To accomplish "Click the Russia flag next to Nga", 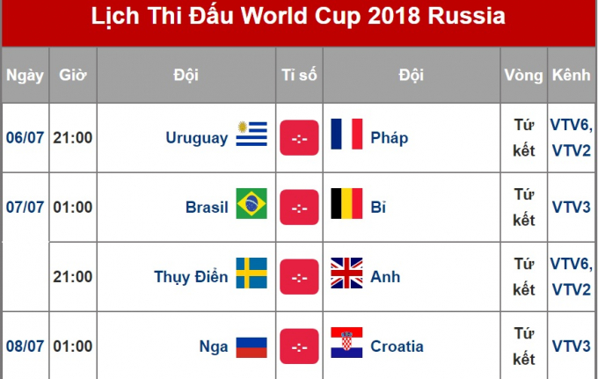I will coord(252,346).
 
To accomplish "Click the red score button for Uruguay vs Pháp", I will coord(299,137).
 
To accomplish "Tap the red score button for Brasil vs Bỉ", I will coord(299,207).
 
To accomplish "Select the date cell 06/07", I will coord(25,137).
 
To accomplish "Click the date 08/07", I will coord(25,346).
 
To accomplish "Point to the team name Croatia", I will coord(397,346).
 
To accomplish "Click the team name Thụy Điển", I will coord(191,276).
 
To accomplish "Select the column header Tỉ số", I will coord(299,76).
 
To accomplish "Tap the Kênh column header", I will coord(571,76).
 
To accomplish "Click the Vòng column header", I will coord(523,76).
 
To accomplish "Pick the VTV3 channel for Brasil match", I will coord(571,207).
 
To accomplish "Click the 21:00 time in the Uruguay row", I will coord(72,137).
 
